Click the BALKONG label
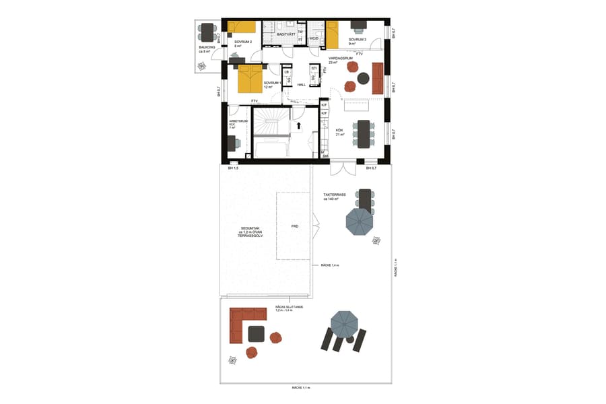click(207, 48)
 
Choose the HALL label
click(301, 85)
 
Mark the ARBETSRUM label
click(238, 123)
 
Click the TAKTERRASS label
click(334, 196)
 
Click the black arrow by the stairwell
click(298, 125)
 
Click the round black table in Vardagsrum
click(364, 78)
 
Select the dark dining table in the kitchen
click(364, 133)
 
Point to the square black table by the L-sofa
click(257, 334)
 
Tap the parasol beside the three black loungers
click(344, 325)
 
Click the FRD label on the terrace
click(294, 227)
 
